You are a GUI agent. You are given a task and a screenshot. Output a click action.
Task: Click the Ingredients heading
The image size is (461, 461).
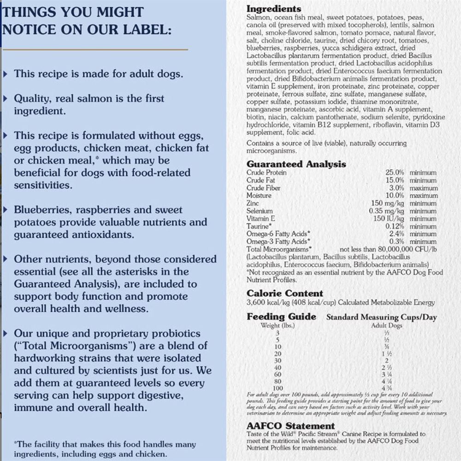274,9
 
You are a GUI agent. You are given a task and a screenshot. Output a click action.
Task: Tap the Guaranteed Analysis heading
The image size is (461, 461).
296,164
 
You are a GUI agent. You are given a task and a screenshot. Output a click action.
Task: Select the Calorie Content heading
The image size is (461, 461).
284,294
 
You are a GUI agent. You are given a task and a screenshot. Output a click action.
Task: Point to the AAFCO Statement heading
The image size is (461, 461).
290,426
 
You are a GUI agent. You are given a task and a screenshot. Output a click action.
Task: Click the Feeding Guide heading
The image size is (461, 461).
281,317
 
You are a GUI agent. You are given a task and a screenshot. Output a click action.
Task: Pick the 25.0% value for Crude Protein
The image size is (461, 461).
395,173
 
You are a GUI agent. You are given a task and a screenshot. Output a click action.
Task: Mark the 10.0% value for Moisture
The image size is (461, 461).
395,196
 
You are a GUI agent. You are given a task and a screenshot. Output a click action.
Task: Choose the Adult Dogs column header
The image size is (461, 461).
386,325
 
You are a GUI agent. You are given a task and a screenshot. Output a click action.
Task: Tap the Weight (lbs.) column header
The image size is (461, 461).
278,325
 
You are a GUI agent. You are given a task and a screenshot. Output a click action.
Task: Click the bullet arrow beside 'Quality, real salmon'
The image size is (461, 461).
6,99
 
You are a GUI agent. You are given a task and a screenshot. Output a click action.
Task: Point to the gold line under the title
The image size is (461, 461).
95,49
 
